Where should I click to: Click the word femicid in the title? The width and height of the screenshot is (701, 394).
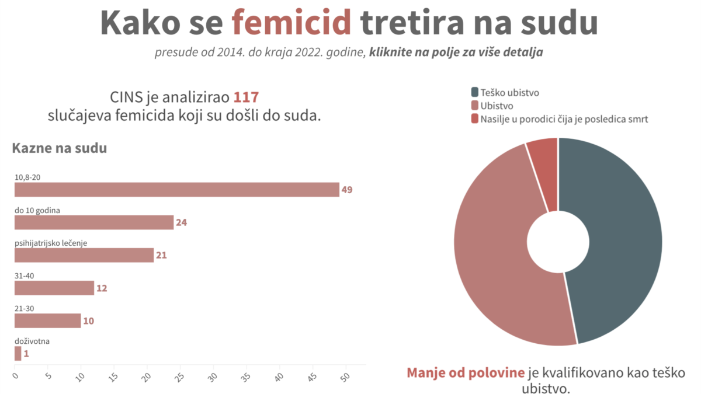pos(291,23)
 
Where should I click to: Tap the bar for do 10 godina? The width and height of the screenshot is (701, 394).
pos(94,222)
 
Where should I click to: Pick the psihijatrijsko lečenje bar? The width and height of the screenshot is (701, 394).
pos(84,255)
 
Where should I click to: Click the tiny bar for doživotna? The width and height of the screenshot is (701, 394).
pos(18,353)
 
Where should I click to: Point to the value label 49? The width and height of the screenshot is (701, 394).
pos(347,190)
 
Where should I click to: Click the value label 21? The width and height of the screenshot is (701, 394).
pos(161,255)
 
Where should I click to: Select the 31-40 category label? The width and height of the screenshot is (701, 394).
pos(24,276)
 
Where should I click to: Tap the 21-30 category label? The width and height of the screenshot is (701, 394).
pos(24,308)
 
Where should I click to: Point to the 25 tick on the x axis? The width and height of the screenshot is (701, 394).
pos(180,375)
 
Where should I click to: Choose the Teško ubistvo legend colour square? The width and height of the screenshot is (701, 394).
pos(474,92)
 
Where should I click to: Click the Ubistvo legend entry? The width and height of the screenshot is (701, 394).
pos(497,106)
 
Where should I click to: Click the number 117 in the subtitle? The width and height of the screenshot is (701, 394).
pos(246,97)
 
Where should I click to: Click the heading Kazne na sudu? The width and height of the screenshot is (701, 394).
pos(59,148)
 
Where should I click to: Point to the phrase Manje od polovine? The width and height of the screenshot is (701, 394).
pos(465,373)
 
